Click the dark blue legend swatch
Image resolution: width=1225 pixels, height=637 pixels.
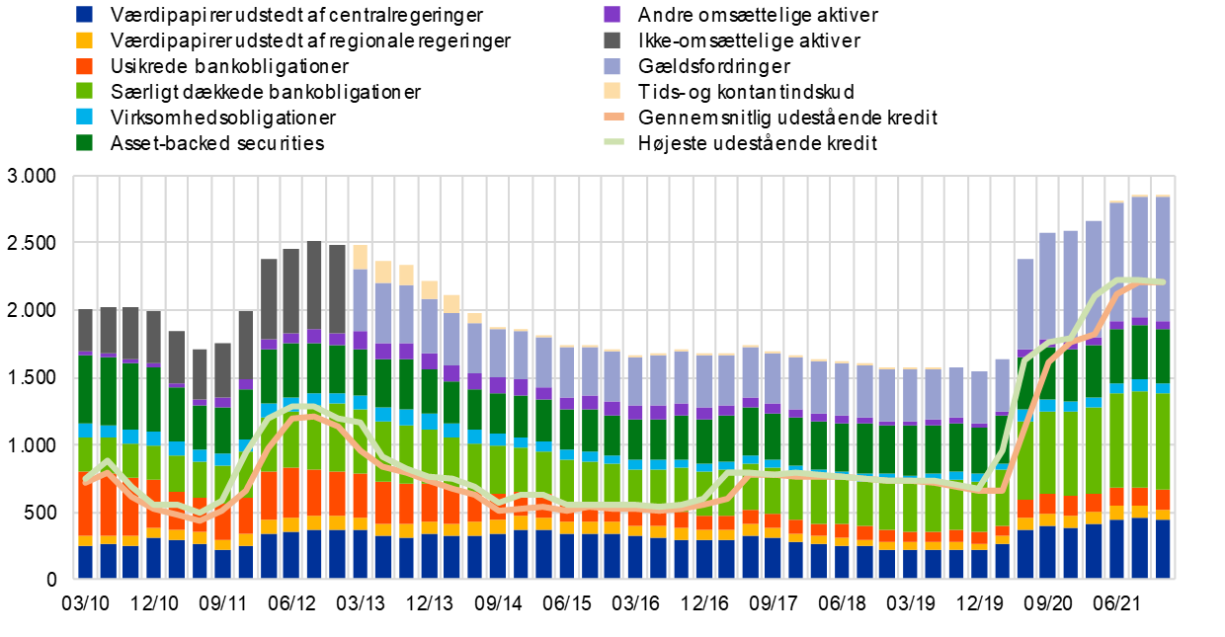(85, 14)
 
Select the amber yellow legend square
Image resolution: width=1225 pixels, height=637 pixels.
(85, 40)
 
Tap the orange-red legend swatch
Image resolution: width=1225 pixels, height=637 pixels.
(85, 66)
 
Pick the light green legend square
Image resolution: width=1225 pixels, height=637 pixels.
(85, 91)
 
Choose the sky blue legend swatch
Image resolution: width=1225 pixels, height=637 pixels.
(85, 117)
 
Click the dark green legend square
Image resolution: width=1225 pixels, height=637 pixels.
(85, 142)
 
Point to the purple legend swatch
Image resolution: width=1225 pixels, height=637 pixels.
(612, 14)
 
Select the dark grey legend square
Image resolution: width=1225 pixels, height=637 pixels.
(612, 40)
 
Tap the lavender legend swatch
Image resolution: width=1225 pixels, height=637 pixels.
(612, 66)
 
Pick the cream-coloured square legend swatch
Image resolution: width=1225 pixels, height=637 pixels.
(612, 91)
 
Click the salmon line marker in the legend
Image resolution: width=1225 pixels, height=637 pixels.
(613, 117)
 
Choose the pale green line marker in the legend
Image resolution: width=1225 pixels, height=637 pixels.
(613, 142)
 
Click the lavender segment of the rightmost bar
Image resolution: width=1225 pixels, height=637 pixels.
(1163, 257)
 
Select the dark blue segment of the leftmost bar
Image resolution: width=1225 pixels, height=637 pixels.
(85, 561)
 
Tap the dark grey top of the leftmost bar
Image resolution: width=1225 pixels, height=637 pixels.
(85, 331)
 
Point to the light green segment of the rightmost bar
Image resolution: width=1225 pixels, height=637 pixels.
(1163, 440)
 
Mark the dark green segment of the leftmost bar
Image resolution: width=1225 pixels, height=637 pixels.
(85, 389)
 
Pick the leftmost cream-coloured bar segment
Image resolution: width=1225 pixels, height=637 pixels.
(360, 257)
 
